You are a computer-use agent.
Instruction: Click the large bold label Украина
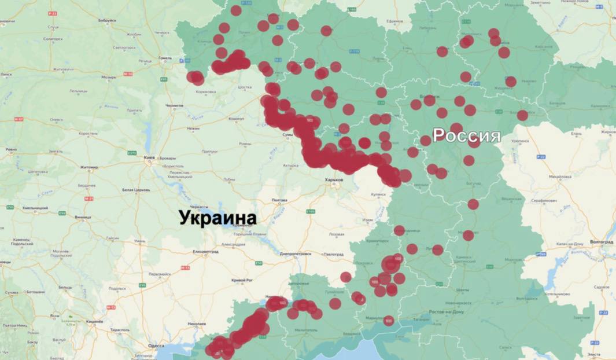coord(217,218)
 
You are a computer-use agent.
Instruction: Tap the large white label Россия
coord(466,135)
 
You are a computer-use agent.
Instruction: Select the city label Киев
coord(152,157)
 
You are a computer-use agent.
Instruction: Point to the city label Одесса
coord(156,346)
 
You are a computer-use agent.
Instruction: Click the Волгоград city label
coord(602,240)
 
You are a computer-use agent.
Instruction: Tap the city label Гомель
coord(166,58)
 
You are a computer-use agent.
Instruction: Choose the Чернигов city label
coord(174,106)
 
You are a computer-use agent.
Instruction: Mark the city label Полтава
coord(279,200)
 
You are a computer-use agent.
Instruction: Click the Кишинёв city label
coord(95,320)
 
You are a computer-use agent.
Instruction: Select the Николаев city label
coord(197,323)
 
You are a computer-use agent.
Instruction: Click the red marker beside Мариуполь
coord(388,320)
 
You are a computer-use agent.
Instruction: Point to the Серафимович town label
coord(543,200)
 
